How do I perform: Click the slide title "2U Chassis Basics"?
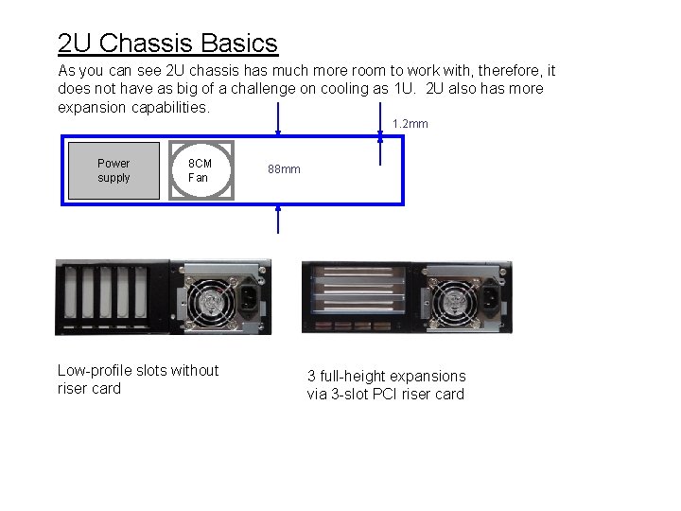coord(167,44)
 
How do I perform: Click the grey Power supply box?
coord(113,170)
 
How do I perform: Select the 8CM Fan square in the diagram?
coord(201,170)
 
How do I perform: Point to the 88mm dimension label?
coord(284,169)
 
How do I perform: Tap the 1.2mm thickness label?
coord(410,124)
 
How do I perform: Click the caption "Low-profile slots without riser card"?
coord(137,379)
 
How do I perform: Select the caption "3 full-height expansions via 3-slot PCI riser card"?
coord(386,385)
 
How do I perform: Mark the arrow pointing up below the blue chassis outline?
coord(278,219)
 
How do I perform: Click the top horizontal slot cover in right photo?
coord(363,274)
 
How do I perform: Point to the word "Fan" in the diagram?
coord(199,178)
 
